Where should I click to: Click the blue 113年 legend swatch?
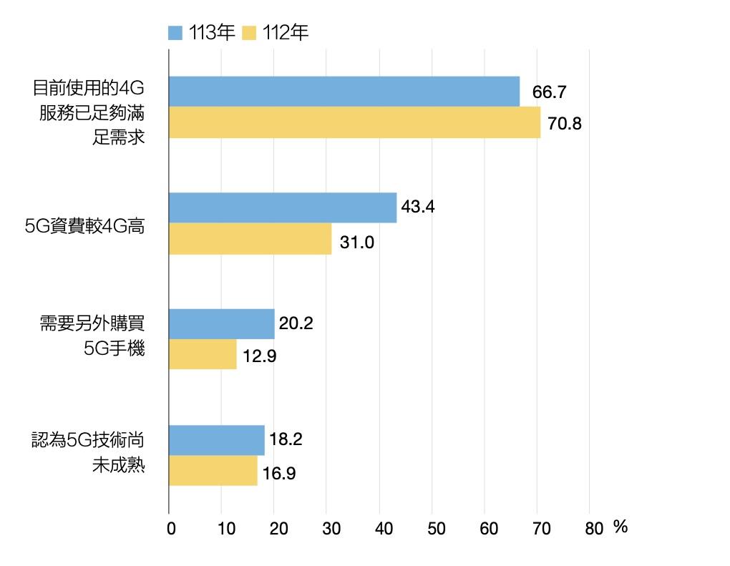(176, 33)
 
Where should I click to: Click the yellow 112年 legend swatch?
(250, 33)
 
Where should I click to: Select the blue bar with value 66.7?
(344, 92)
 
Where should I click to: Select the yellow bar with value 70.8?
(354, 122)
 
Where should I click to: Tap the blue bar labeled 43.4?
(283, 208)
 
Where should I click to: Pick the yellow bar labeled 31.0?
(250, 239)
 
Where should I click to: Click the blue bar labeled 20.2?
(222, 324)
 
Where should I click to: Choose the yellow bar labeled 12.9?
(203, 354)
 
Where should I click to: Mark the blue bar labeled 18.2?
(216, 440)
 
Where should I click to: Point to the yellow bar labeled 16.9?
(213, 471)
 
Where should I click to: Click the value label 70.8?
(564, 124)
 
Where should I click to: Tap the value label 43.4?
(419, 208)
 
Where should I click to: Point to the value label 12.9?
(260, 356)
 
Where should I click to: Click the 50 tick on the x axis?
(436, 529)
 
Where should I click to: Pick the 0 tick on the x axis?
(170, 529)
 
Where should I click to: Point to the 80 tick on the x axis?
(593, 529)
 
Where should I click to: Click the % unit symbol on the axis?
(620, 527)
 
